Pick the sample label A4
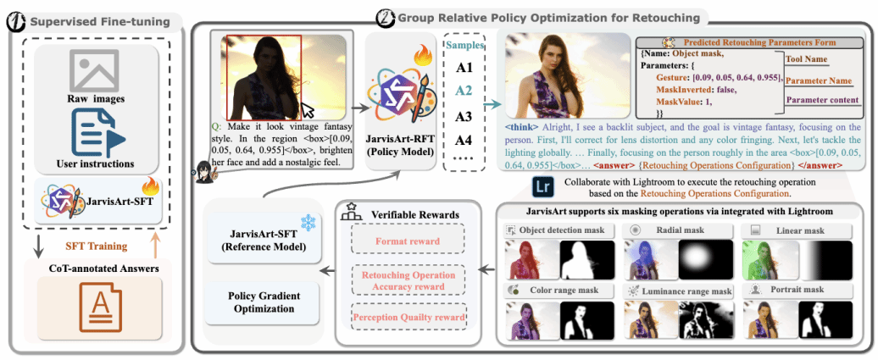click(x=464, y=140)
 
